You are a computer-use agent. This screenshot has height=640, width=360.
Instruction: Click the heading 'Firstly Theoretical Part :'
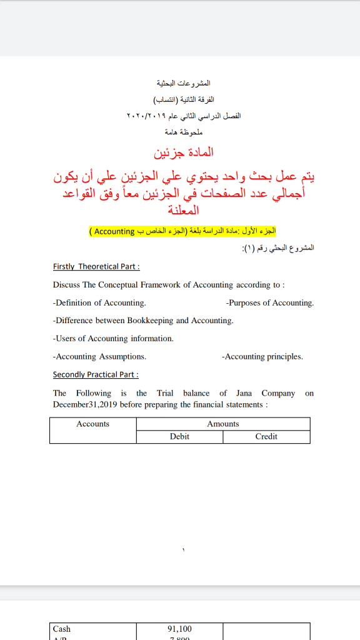pos(96,266)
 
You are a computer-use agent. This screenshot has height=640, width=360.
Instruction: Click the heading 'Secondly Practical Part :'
pos(96,374)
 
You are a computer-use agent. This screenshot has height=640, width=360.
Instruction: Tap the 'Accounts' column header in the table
pos(92,424)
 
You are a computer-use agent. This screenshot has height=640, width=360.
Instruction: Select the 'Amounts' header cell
pos(223,424)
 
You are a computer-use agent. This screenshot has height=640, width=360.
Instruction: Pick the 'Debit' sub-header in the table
pos(179,436)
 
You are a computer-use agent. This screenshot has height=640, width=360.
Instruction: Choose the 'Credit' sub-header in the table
pos(266,436)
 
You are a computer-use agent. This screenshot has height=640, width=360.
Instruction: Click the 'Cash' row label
pos(62,629)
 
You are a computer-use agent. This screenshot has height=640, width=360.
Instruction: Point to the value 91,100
pos(180,629)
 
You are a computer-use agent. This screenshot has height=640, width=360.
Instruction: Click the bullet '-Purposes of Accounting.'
pos(270,302)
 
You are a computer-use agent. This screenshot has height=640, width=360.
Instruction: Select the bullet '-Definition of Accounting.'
pos(99,302)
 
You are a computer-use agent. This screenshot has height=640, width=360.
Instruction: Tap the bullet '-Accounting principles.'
pos(262,356)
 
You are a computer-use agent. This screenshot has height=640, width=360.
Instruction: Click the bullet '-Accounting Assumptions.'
pos(99,356)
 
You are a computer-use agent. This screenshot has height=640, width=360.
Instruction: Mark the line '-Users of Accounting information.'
pos(113,338)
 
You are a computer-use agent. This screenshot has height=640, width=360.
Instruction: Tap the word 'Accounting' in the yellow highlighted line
pos(114,231)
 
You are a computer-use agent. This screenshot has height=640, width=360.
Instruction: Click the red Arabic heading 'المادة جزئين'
pos(184,152)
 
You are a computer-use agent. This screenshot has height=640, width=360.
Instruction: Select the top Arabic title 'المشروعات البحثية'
pos(182,83)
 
